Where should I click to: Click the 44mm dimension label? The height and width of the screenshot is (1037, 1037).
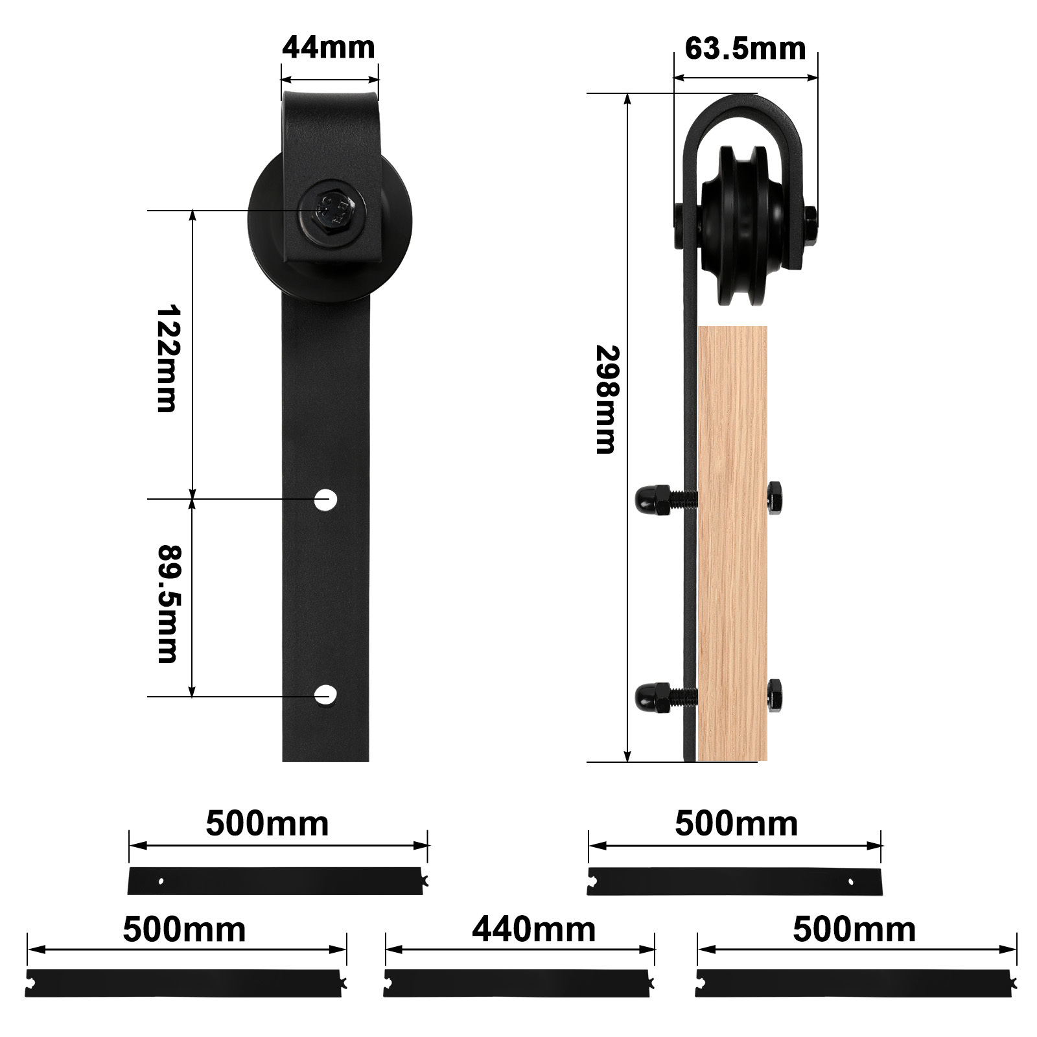[x=329, y=48]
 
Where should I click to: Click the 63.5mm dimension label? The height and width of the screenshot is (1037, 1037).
[x=745, y=49]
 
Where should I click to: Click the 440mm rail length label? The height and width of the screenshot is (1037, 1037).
[x=533, y=930]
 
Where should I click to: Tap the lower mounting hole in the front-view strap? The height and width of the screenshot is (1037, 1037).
[x=325, y=694]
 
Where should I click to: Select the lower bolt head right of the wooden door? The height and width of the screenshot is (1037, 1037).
[x=775, y=695]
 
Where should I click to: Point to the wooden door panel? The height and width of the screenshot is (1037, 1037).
[x=733, y=544]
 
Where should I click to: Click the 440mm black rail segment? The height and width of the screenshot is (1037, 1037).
[x=517, y=983]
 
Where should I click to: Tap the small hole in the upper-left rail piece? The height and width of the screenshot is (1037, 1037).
[x=161, y=881]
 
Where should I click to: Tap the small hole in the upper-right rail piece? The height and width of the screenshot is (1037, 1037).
[x=852, y=881]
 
